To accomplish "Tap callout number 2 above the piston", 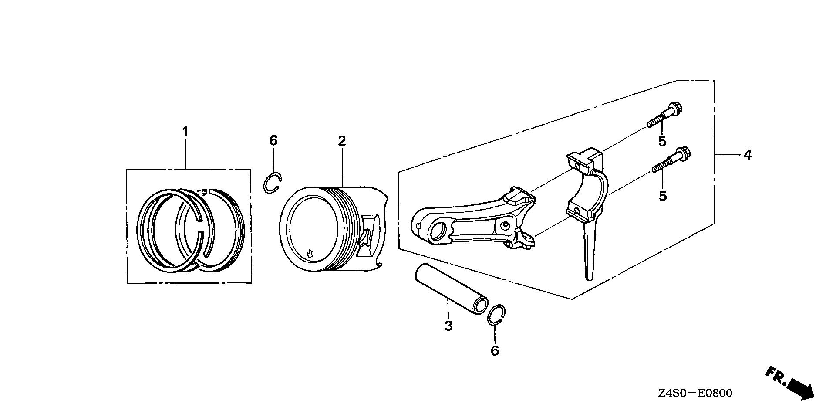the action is [342, 141].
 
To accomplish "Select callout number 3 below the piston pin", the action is [448, 326].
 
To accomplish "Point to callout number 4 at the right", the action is [748, 155].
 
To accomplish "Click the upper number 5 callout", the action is [662, 141].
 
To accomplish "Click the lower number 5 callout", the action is [663, 196].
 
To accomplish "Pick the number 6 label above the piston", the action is [273, 141].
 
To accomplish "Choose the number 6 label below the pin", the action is [495, 351].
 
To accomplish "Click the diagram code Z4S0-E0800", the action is [695, 393].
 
